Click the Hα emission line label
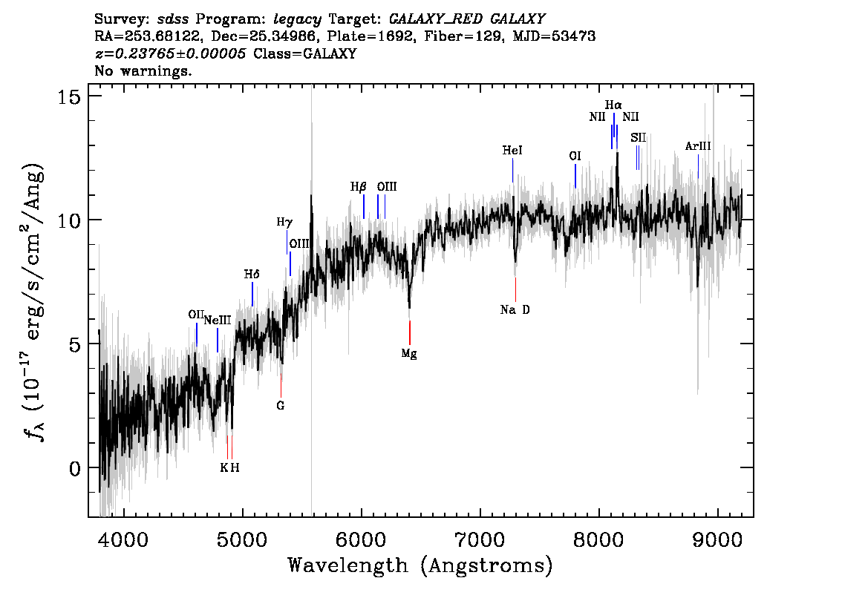click(613, 105)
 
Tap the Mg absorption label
click(409, 354)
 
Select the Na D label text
click(515, 309)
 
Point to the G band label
click(281, 406)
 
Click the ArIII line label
click(698, 146)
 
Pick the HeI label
click(512, 150)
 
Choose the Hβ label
click(358, 187)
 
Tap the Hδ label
click(252, 275)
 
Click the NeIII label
click(218, 321)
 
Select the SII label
click(638, 138)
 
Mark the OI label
click(575, 156)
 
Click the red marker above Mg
click(410, 332)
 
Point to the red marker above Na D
click(515, 290)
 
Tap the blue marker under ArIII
click(698, 166)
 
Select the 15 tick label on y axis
click(69, 96)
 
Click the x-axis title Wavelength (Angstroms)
click(420, 565)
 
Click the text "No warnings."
click(143, 70)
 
